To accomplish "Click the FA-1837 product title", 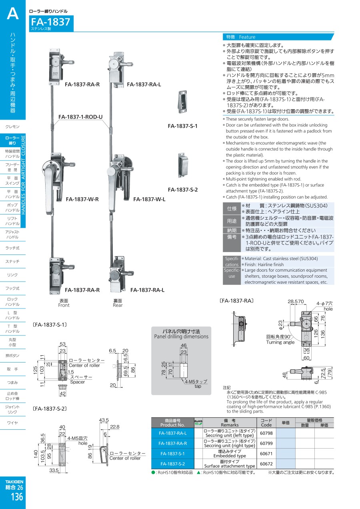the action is click(50, 22).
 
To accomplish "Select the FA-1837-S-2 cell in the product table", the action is click(173, 464).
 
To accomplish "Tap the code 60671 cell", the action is click(266, 453).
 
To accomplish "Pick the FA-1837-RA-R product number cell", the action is click(173, 443).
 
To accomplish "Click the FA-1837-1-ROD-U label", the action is click(80, 117).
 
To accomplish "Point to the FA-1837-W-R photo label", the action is click(82, 199).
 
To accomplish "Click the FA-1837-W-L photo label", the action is click(149, 199).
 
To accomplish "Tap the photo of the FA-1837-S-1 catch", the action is click(182, 102).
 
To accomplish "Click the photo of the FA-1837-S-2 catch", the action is click(182, 165).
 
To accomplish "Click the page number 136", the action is click(17, 497).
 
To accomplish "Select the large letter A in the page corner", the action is click(13, 14).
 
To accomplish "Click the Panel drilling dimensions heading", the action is click(181, 337).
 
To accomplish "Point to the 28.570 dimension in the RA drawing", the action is click(296, 302).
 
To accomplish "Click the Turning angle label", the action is click(280, 342).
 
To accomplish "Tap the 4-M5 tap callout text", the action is click(196, 381).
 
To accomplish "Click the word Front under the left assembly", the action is click(64, 305).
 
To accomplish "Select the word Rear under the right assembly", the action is click(118, 305).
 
